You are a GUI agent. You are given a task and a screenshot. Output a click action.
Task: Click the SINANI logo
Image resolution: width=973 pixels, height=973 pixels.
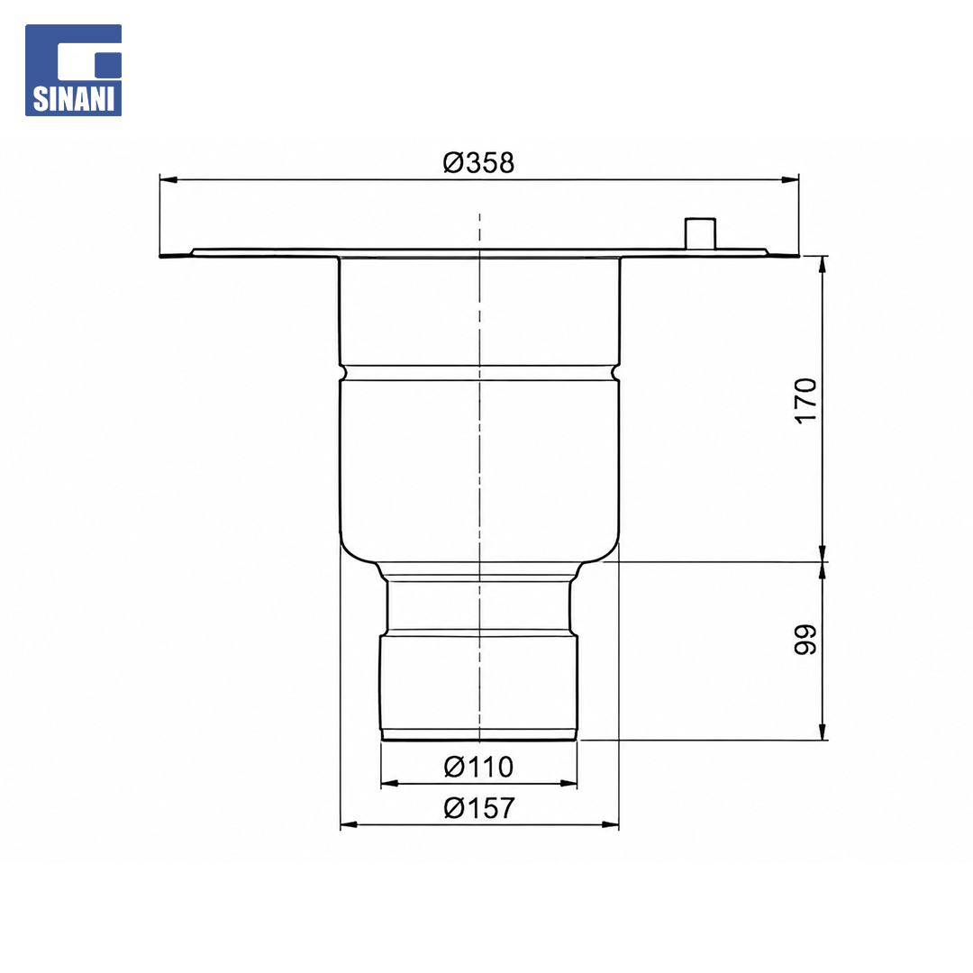[x=73, y=70]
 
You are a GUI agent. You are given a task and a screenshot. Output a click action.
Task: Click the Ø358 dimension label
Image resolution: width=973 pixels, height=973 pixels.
[x=478, y=162]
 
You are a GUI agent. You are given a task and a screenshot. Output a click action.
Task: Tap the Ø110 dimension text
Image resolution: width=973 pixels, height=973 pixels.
[x=478, y=767]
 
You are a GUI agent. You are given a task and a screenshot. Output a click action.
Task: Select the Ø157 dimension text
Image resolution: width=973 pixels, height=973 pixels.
[x=479, y=808]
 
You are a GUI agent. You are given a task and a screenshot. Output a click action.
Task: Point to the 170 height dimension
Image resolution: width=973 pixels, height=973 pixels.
[x=806, y=400]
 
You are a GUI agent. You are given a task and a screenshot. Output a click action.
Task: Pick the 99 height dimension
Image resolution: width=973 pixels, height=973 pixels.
[x=806, y=639]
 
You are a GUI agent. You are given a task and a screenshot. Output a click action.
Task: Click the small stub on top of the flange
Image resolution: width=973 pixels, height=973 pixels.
[x=700, y=233]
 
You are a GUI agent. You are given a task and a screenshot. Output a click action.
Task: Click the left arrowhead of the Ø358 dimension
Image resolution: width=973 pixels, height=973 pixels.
[x=168, y=180]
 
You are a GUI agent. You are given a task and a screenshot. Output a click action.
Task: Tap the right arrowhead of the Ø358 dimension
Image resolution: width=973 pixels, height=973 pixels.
[x=789, y=180]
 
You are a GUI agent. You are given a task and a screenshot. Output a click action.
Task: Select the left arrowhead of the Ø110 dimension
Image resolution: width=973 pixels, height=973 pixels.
[x=390, y=784]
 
